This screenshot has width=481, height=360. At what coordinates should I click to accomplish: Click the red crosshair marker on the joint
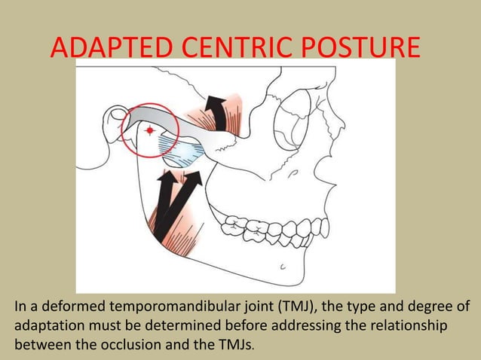pos(150,131)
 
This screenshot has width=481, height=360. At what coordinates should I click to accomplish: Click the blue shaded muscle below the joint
pos(183,155)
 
